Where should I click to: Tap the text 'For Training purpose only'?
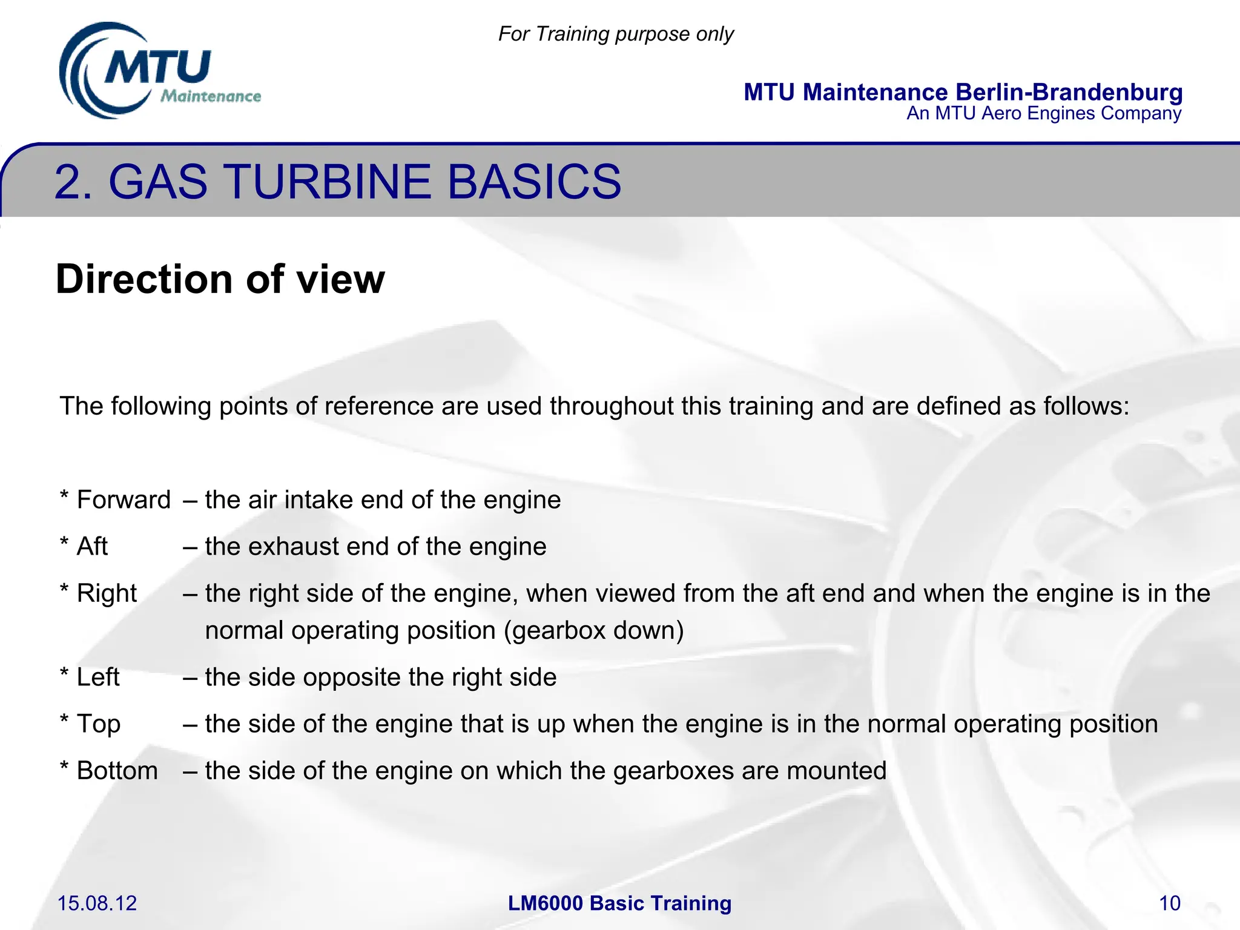616,34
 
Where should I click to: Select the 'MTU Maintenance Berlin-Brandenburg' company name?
963,92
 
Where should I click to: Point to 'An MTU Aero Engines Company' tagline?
1044,114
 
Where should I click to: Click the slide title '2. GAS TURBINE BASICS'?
337,182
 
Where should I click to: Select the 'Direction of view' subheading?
220,279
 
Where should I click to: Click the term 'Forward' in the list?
124,500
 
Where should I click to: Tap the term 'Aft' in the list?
92,547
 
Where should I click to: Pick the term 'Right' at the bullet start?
107,593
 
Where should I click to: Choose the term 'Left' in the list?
98,677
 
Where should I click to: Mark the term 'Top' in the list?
99,724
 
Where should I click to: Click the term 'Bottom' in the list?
117,771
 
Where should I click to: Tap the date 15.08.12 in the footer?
97,903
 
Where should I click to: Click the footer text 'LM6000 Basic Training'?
619,903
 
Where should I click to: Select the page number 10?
1169,903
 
